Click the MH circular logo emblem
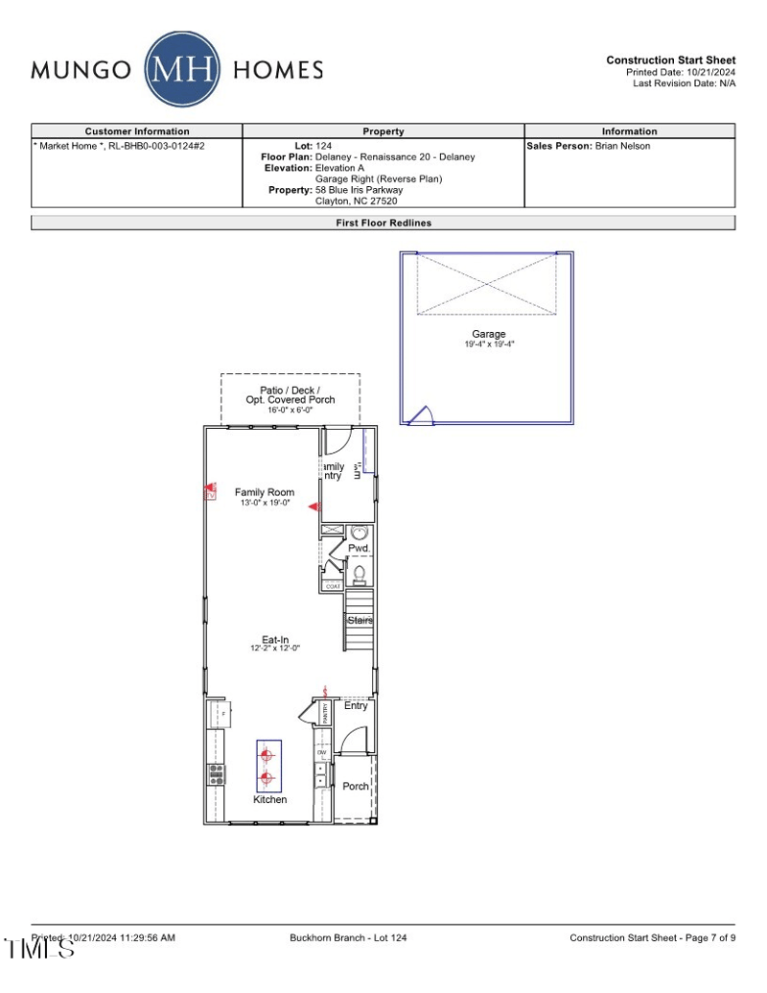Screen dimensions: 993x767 pyautogui.click(x=182, y=69)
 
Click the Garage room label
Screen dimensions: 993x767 pyautogui.click(x=489, y=334)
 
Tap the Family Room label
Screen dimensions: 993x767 pyautogui.click(x=265, y=492)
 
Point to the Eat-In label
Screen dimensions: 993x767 pyautogui.click(x=275, y=640)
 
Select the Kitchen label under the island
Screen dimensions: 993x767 pyautogui.click(x=269, y=799)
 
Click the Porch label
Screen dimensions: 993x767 pyautogui.click(x=356, y=786)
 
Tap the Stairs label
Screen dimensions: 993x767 pyautogui.click(x=360, y=621)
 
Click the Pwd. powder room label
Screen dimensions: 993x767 pyautogui.click(x=359, y=548)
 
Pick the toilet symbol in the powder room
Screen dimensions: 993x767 pyautogui.click(x=360, y=574)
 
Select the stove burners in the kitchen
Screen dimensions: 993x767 pyautogui.click(x=217, y=773)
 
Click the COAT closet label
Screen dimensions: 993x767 pyautogui.click(x=333, y=586)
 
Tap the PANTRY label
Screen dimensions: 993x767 pyautogui.click(x=325, y=712)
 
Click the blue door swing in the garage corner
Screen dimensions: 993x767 pyautogui.click(x=421, y=414)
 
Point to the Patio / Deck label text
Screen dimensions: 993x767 pyautogui.click(x=290, y=390)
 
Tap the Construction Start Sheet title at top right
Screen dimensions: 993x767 pyautogui.click(x=670, y=60)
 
